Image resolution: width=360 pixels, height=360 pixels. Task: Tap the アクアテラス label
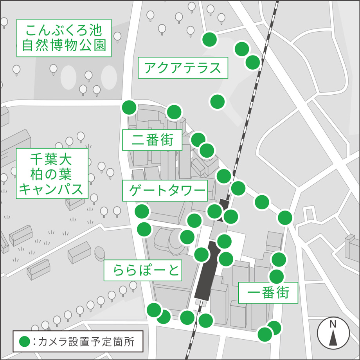[x=183, y=68]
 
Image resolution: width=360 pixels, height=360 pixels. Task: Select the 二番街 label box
[x=152, y=140]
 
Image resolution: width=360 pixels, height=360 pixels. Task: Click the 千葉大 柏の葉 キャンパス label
[x=52, y=173]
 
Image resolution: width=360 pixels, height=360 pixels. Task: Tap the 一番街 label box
[x=268, y=293]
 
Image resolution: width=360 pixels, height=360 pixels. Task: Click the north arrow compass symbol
[x=333, y=333]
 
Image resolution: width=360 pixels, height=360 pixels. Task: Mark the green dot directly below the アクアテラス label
[x=218, y=102]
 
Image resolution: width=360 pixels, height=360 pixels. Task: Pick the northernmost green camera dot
[x=210, y=39]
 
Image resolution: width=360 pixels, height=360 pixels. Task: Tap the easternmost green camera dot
[x=285, y=217]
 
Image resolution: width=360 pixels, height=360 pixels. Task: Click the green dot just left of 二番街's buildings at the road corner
[x=129, y=107]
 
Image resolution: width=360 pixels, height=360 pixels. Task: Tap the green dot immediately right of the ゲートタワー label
[x=214, y=211]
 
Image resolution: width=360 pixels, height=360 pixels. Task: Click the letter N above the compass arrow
[x=333, y=324]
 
